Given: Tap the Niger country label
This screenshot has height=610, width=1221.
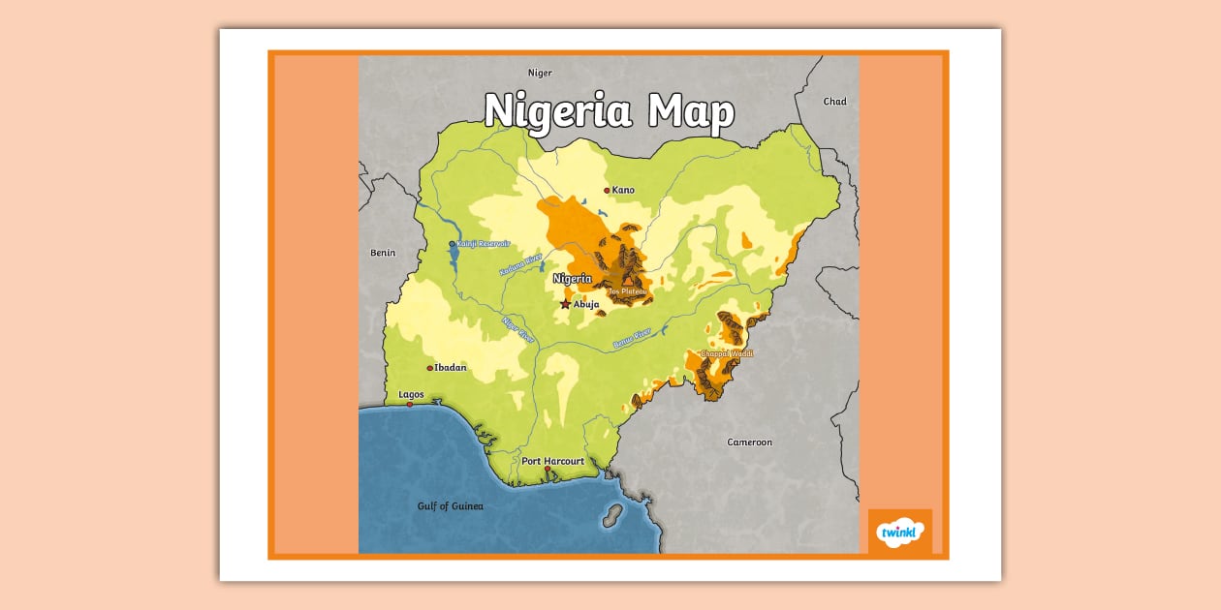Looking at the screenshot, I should click(540, 73).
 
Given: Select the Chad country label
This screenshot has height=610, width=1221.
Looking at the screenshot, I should click(834, 102).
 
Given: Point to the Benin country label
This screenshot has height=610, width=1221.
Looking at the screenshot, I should click(383, 253).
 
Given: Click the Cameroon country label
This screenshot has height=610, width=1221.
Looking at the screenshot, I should click(750, 442).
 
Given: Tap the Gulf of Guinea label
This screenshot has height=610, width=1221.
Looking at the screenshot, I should click(450, 506).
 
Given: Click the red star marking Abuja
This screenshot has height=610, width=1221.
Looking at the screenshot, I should click(565, 304).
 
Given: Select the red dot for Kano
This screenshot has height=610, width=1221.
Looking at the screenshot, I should click(608, 191).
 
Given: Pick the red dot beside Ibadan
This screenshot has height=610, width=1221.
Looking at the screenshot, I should click(430, 368).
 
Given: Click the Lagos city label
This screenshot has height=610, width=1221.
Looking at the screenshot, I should click(411, 395).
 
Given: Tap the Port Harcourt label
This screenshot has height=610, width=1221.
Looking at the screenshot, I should click(552, 461).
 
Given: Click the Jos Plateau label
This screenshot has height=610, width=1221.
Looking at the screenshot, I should click(627, 290).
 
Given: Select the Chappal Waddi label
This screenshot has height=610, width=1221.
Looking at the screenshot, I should click(726, 354).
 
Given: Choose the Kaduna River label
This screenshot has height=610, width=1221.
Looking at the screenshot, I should click(520, 264).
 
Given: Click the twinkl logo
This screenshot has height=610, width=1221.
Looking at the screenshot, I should click(900, 532).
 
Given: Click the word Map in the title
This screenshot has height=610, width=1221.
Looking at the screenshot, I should click(691, 111).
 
